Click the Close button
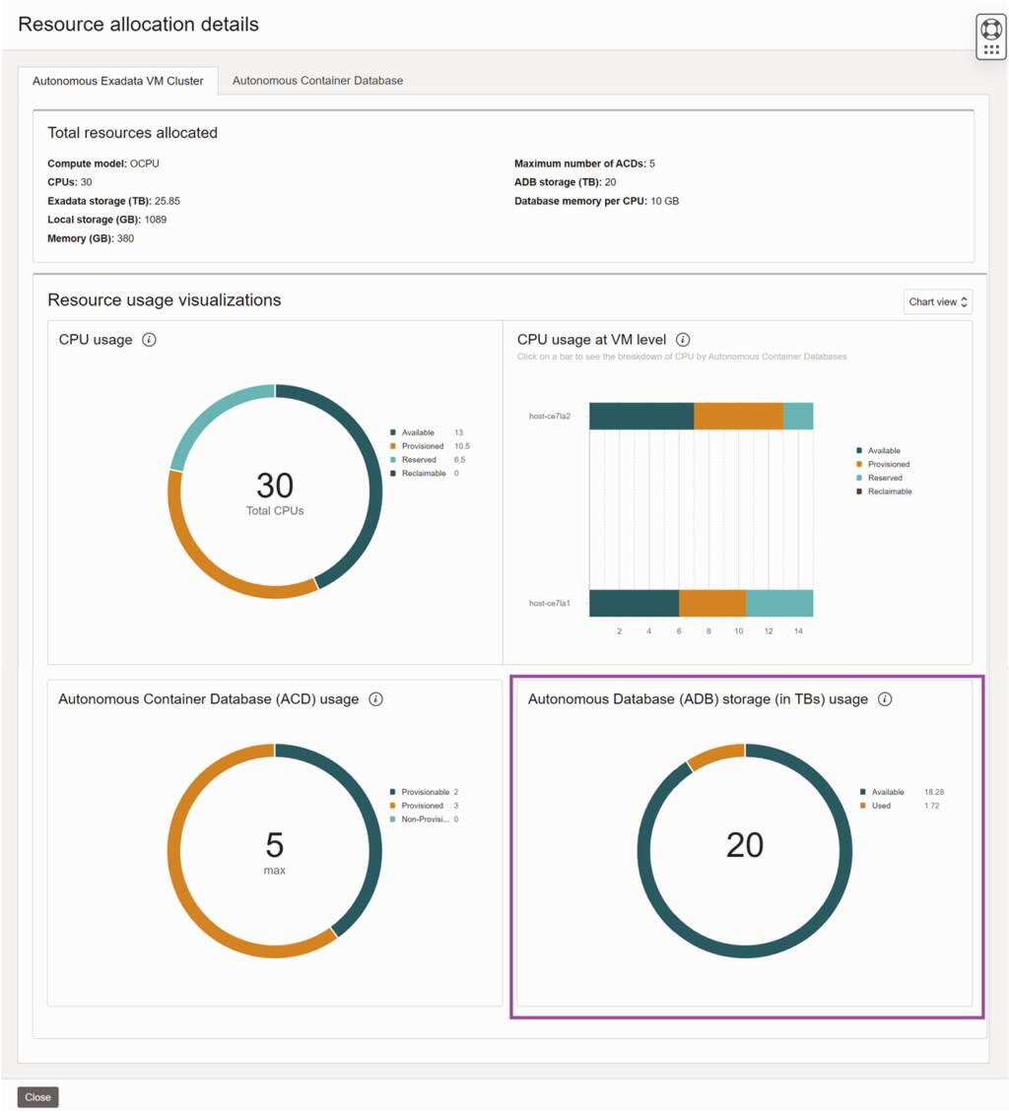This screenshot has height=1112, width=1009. click(x=37, y=1096)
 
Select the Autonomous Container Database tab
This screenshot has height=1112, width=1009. click(x=317, y=81)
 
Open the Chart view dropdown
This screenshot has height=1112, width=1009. click(x=938, y=301)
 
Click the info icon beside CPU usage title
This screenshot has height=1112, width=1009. click(x=149, y=340)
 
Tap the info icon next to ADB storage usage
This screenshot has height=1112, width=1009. click(x=885, y=699)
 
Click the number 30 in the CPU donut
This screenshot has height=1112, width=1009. click(x=275, y=486)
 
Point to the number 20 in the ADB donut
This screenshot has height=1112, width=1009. click(x=745, y=845)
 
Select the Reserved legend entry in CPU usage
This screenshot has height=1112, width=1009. click(x=419, y=460)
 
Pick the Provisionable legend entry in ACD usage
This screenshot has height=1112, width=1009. click(x=425, y=792)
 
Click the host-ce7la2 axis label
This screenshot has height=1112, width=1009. click(x=550, y=416)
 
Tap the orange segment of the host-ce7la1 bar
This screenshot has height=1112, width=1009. click(x=712, y=603)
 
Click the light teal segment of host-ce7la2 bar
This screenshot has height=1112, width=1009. click(x=798, y=416)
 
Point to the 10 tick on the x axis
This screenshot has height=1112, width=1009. click(x=738, y=630)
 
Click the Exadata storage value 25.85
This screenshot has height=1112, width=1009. click(x=168, y=201)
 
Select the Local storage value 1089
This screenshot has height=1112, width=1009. click(x=156, y=220)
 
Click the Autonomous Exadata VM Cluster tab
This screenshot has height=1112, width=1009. click(x=118, y=81)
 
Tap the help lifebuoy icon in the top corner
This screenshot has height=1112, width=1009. click(x=991, y=29)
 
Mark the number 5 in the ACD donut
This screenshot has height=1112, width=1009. click(x=275, y=845)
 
